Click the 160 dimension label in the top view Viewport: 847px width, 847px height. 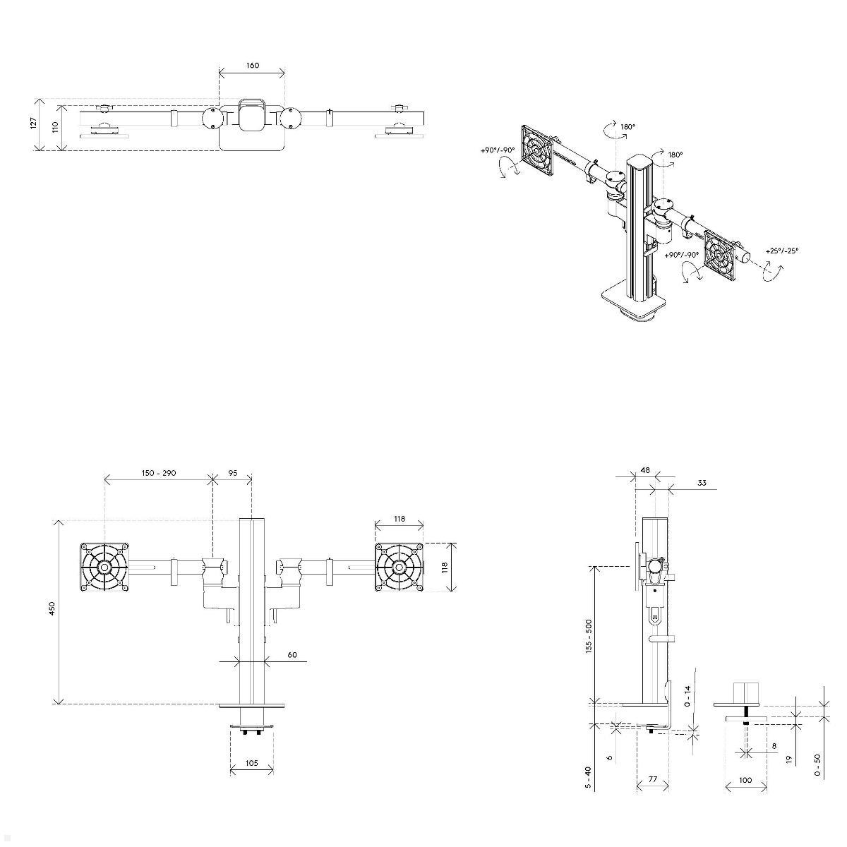[252, 66]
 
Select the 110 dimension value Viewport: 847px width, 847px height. [54, 128]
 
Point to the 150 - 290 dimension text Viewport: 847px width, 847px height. [158, 473]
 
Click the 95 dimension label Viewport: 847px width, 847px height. [233, 473]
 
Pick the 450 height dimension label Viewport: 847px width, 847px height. [52, 608]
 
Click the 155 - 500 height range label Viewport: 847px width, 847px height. [589, 636]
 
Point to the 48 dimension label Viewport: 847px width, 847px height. [645, 470]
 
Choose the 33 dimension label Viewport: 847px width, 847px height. [702, 483]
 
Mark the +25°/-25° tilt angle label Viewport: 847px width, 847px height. [782, 251]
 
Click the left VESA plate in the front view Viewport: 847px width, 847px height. [104, 567]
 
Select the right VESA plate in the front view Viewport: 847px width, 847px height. [399, 567]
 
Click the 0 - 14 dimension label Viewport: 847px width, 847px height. [688, 696]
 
